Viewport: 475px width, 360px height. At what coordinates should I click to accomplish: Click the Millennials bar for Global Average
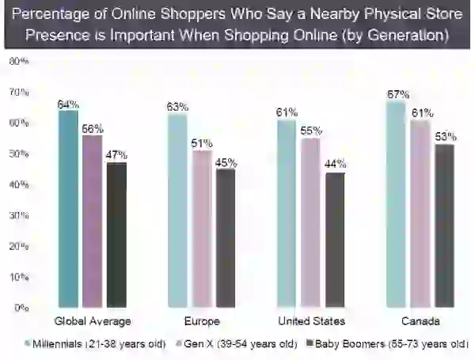coord(68,209)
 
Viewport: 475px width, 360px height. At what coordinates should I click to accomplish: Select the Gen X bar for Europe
coord(202,229)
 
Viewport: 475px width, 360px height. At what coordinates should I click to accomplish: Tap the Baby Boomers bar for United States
coord(335,240)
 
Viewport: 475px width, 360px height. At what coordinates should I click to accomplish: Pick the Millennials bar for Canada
coord(397,204)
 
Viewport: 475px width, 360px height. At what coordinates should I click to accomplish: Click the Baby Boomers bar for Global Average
coord(116,235)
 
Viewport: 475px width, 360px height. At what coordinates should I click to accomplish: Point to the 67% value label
coord(398,94)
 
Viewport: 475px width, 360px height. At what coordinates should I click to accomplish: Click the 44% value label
coord(335,164)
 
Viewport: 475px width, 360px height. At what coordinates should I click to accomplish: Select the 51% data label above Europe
coord(202,143)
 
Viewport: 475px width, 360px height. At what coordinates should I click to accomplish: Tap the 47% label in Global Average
coord(116,155)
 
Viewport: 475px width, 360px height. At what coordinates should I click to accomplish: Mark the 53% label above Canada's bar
coord(445,137)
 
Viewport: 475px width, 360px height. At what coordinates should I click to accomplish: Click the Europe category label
coord(202,321)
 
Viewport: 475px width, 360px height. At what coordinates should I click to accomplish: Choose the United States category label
coord(311,321)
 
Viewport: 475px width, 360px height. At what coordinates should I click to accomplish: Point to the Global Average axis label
coord(93,321)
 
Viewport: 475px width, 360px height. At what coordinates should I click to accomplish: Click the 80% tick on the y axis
coord(19,61)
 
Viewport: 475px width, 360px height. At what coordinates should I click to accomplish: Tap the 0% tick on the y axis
coord(21,308)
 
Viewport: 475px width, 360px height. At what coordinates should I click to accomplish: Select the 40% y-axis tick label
coord(19,184)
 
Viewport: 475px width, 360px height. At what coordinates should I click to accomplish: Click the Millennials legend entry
coord(96,344)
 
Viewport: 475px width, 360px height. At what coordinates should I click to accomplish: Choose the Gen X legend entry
coord(237,344)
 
